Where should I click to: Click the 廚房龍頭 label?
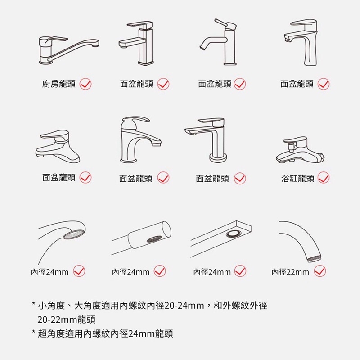(59, 84)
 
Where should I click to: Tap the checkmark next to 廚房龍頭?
(85, 84)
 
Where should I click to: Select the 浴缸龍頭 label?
(297, 178)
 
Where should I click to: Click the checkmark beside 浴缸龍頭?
(324, 178)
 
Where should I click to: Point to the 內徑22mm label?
(290, 272)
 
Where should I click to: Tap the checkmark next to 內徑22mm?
(320, 271)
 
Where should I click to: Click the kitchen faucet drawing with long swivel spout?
(69, 50)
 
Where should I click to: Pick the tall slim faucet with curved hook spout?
(219, 42)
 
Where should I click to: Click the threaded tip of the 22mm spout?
(314, 259)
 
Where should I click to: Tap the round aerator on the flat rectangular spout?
(233, 234)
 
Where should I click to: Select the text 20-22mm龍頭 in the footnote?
(66, 319)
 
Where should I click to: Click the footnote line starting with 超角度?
(103, 333)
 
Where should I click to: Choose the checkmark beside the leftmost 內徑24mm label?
(79, 271)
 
